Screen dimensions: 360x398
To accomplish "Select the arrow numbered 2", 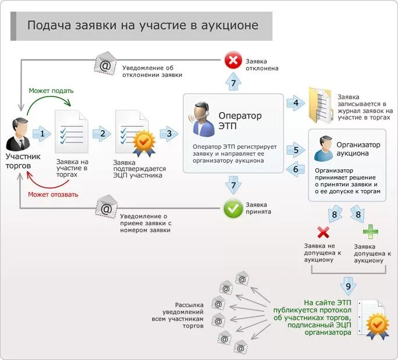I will pyautogui.click(x=102, y=134).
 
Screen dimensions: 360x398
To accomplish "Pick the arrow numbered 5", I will pyautogui.click(x=296, y=151).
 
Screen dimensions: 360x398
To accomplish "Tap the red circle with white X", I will pyautogui.click(x=234, y=60).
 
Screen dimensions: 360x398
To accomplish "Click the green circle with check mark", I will pyautogui.click(x=234, y=209).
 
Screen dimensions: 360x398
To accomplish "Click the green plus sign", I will pyautogui.click(x=370, y=232).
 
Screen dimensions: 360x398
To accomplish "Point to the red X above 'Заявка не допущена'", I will pyautogui.click(x=324, y=233).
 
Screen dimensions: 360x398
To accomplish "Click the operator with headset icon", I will pyautogui.click(x=200, y=119).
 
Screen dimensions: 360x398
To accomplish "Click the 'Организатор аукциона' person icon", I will pyautogui.click(x=322, y=149).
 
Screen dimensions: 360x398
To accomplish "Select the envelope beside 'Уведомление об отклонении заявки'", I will pyautogui.click(x=105, y=63).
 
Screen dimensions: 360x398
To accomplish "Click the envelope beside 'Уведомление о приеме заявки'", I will pyautogui.click(x=106, y=207).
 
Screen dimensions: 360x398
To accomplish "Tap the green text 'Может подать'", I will pyautogui.click(x=51, y=91).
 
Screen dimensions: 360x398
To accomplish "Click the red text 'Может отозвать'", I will pyautogui.click(x=52, y=194).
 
